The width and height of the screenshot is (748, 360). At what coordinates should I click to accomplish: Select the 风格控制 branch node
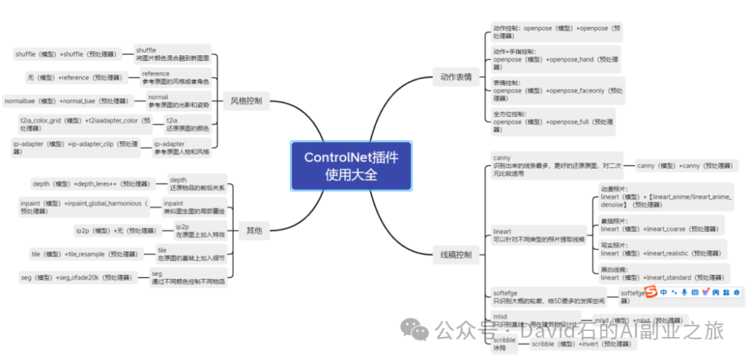click(x=246, y=101)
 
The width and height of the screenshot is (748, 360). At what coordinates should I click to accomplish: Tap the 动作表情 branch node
click(x=456, y=77)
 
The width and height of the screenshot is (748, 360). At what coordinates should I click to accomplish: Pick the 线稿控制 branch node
click(x=456, y=255)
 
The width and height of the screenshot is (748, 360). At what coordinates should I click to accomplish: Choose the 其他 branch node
click(x=254, y=231)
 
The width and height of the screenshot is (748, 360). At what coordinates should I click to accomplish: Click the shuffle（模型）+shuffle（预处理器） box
click(x=67, y=54)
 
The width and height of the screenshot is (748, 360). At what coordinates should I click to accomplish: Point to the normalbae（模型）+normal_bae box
click(x=66, y=101)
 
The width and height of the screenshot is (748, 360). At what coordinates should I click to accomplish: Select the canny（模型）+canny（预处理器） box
click(x=687, y=165)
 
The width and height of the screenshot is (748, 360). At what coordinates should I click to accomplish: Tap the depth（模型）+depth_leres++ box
click(x=91, y=184)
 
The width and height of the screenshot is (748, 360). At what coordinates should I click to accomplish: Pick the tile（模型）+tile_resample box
click(x=83, y=254)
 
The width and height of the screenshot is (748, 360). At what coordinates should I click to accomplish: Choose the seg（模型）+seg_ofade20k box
click(x=76, y=278)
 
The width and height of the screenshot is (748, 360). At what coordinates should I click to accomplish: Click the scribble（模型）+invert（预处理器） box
click(x=577, y=344)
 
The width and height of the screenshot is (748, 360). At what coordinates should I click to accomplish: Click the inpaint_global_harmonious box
click(x=84, y=207)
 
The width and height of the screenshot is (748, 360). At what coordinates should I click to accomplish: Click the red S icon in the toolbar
click(x=650, y=293)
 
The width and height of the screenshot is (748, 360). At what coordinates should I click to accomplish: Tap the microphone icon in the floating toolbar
click(x=684, y=293)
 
